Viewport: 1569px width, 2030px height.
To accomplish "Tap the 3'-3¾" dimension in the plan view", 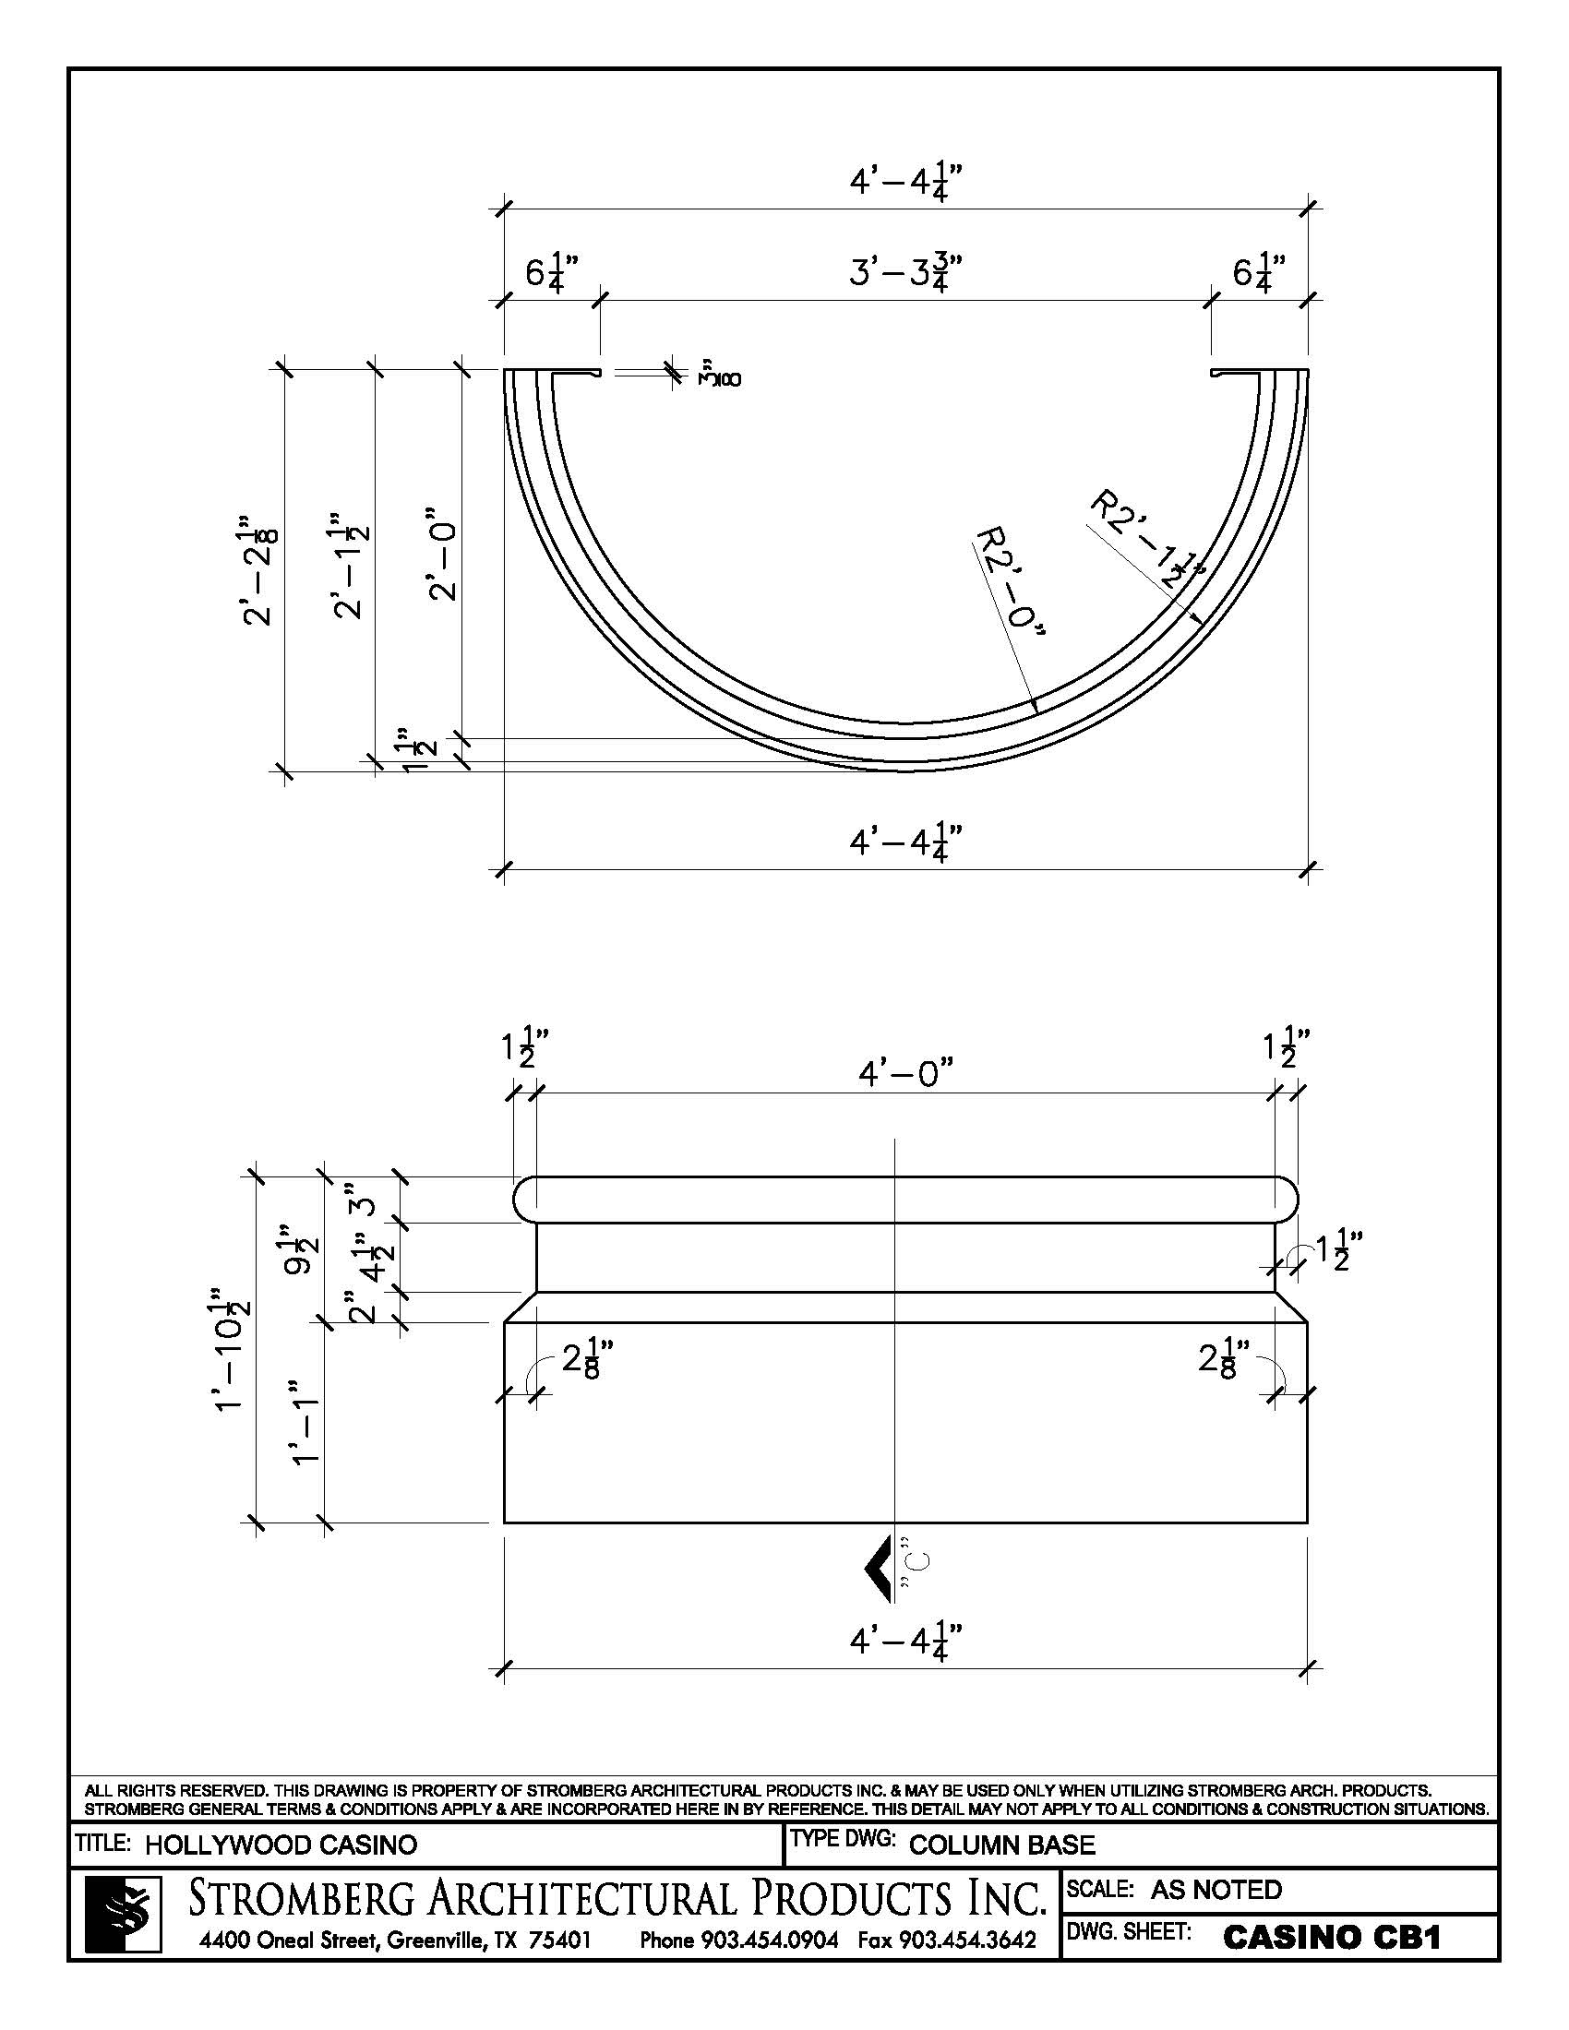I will point(905,273).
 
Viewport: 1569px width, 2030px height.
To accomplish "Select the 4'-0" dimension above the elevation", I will point(905,1073).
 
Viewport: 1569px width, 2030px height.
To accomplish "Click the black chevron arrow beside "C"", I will point(878,1568).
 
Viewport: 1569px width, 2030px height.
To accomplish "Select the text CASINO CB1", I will point(1332,1937).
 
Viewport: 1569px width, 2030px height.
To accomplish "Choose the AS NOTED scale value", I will point(1216,1890).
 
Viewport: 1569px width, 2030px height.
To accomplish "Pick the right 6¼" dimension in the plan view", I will point(1260,273).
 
